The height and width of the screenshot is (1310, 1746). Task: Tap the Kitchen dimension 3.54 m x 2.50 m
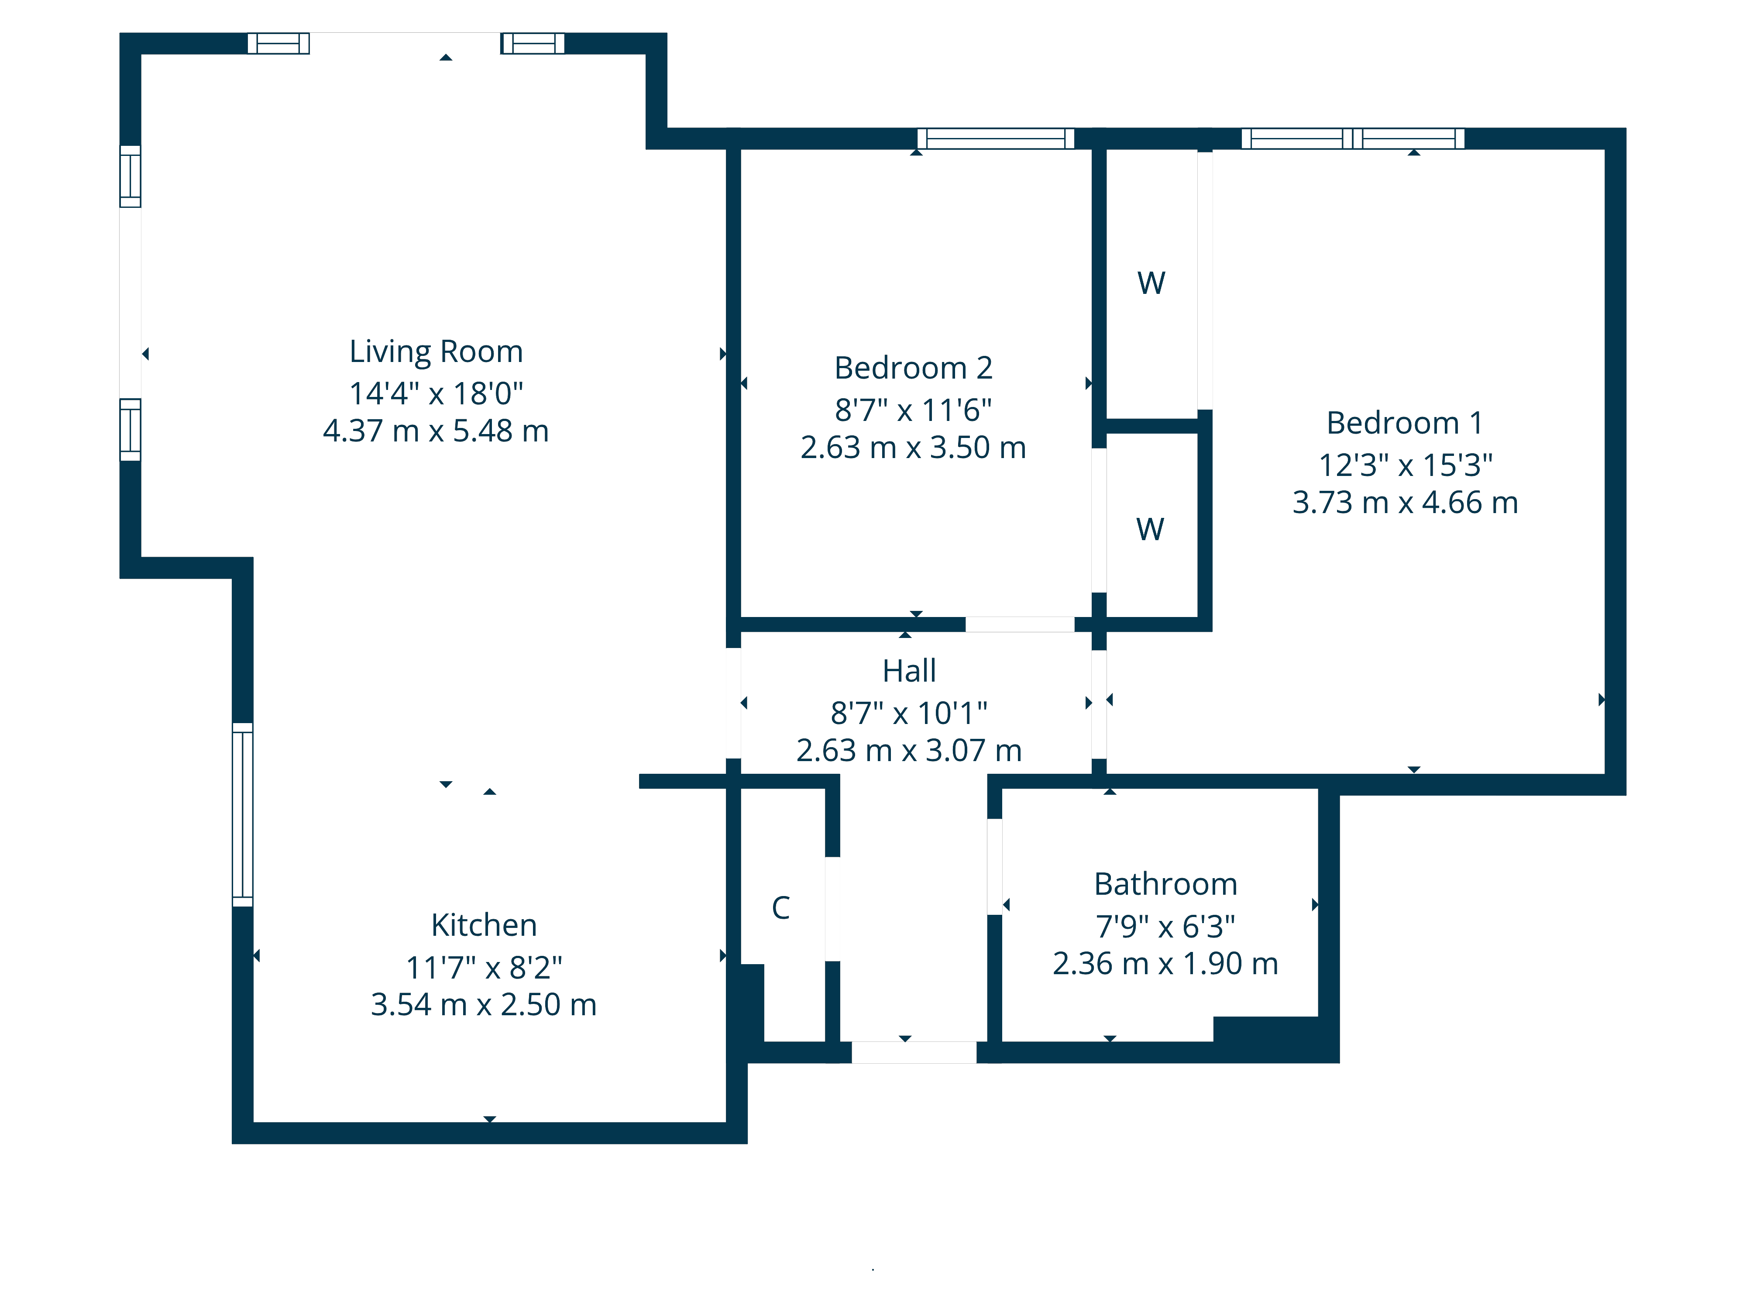[483, 1004]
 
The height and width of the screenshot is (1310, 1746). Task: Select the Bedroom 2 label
[913, 368]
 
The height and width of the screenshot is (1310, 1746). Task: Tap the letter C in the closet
[780, 908]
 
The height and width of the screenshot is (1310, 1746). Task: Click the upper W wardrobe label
[1151, 283]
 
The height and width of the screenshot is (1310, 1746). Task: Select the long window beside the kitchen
[242, 814]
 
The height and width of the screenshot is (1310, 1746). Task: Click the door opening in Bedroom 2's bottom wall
[1019, 624]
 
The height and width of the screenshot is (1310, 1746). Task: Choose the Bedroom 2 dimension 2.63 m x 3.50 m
[913, 448]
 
